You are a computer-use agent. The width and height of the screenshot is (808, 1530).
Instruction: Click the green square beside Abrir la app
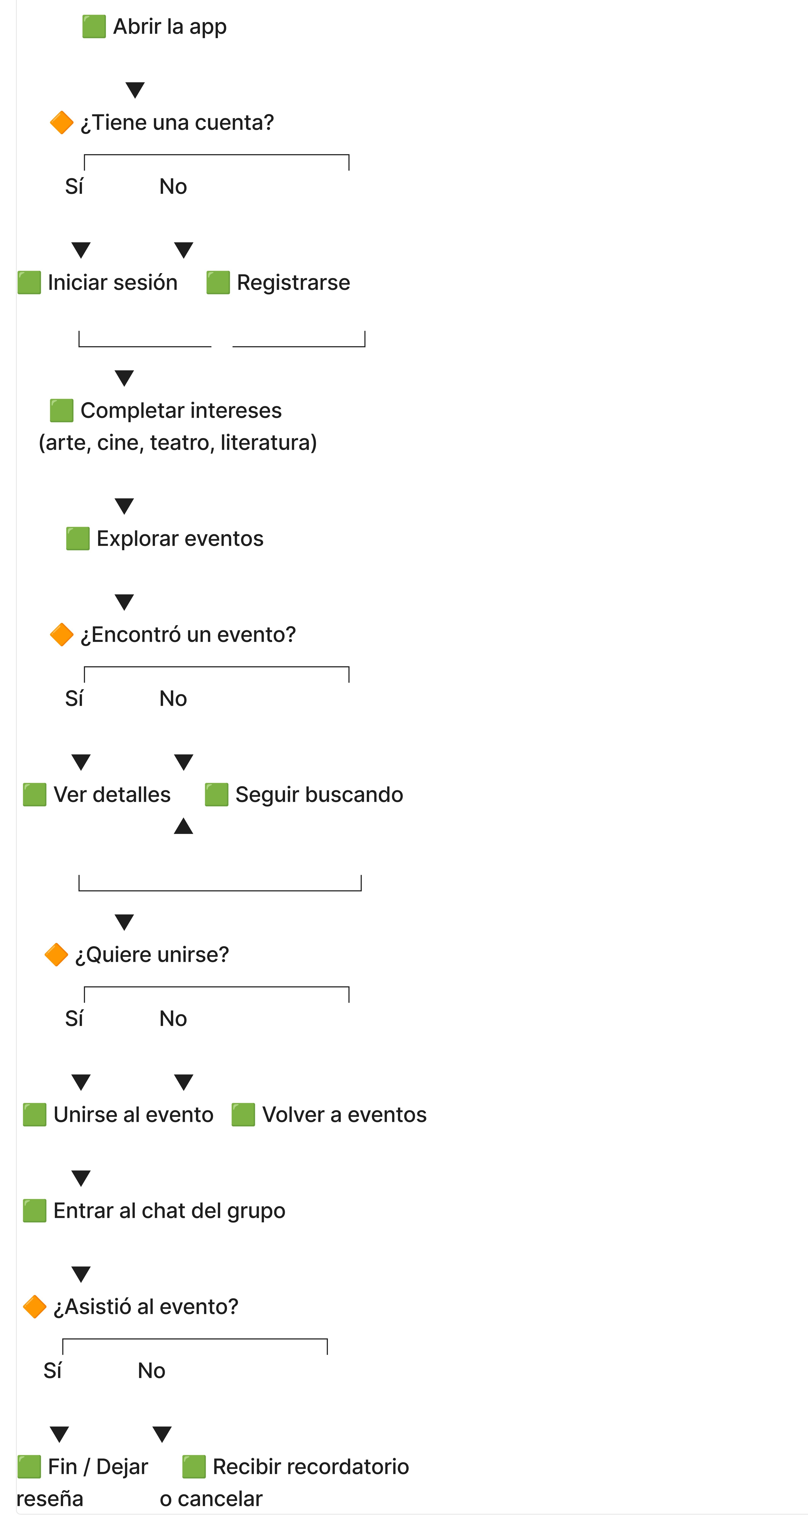click(94, 27)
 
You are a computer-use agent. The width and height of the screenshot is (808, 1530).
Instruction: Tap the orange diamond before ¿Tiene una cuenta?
click(61, 122)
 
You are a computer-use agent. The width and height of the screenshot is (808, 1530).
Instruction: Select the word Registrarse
click(293, 283)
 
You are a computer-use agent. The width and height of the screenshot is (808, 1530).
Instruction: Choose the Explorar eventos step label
click(180, 539)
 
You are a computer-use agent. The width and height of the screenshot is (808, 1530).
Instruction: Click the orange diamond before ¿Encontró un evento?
click(61, 634)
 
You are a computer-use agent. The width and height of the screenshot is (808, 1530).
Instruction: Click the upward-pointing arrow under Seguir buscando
click(183, 826)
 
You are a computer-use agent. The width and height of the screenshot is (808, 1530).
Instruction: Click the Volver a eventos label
click(344, 1115)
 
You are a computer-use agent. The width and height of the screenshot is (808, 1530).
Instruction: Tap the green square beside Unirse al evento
click(34, 1115)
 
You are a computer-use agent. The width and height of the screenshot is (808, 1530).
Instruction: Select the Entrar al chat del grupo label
click(169, 1211)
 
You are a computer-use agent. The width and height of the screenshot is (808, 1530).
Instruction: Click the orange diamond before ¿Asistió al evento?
click(34, 1307)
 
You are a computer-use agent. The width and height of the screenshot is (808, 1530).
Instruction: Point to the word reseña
click(50, 1499)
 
